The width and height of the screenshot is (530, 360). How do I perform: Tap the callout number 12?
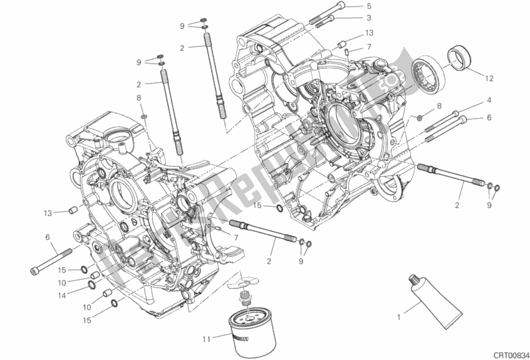click(488, 79)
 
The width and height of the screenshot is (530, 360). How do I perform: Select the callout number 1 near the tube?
click(399, 318)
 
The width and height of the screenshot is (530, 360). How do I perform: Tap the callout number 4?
click(488, 100)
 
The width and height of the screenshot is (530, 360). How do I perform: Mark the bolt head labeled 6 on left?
click(34, 269)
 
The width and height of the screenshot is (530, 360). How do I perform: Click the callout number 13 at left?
click(48, 213)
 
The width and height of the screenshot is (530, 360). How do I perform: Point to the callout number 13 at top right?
click(369, 32)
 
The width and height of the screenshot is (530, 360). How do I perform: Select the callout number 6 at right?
click(488, 118)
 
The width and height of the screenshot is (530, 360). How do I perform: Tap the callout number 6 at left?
click(48, 237)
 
